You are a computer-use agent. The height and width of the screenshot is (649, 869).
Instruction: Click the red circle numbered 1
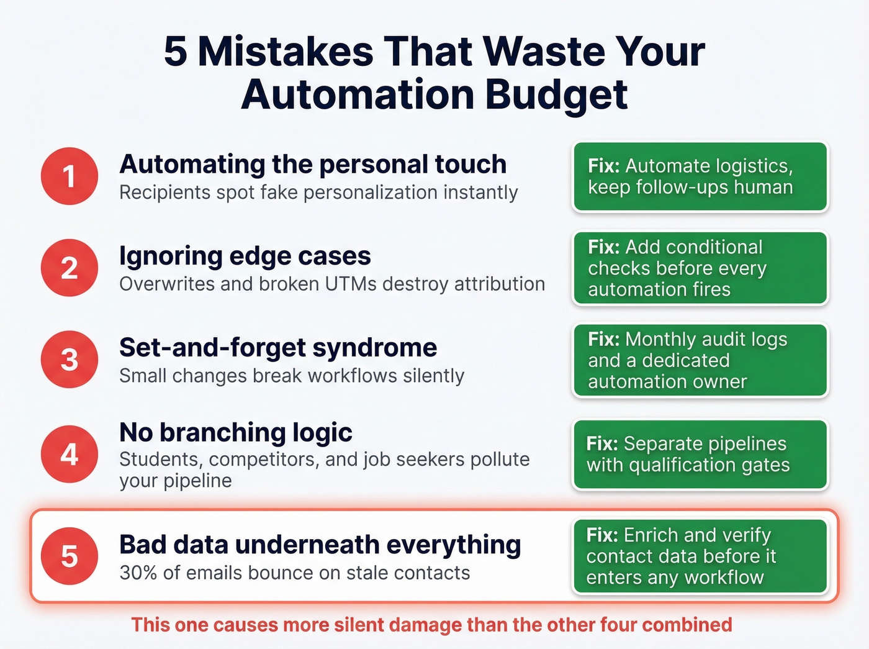(70, 176)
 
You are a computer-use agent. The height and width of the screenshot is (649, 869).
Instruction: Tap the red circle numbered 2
(70, 268)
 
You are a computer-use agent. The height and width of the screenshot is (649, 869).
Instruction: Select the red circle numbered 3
(70, 360)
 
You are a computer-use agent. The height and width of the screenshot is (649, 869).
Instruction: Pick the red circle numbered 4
(70, 454)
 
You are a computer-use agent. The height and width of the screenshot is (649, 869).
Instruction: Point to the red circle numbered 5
(70, 556)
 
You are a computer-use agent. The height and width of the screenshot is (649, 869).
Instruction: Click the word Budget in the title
(556, 94)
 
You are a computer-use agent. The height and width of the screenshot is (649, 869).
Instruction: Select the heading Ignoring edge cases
(245, 256)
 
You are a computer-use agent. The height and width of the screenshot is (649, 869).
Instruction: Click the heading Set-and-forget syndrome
(278, 348)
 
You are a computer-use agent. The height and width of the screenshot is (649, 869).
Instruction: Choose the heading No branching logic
(236, 432)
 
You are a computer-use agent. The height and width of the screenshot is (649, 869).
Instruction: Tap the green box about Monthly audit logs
(700, 360)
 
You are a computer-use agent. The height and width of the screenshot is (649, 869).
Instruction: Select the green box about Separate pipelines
(700, 455)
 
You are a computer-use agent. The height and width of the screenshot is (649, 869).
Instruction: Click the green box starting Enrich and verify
(700, 556)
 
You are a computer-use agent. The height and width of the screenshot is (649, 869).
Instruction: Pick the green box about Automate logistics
(700, 177)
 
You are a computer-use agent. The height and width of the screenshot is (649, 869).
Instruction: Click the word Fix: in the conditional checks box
(604, 247)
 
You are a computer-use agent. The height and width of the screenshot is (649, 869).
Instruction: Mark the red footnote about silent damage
(432, 625)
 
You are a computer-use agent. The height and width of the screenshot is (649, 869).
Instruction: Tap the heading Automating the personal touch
(313, 165)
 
